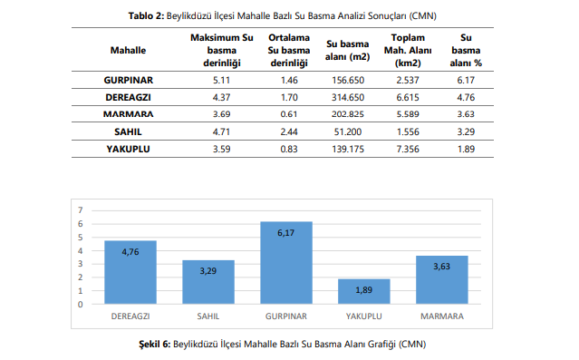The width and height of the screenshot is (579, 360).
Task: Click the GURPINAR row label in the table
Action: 128,80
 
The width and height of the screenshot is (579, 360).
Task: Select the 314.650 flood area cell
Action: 348,98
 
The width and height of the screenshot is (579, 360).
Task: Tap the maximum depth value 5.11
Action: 222,80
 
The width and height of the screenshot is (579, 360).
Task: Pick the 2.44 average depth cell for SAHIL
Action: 289,132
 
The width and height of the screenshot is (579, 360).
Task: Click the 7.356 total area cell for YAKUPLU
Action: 408,150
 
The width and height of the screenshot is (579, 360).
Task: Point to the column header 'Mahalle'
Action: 128,50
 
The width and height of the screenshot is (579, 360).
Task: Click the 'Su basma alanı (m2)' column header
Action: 347,50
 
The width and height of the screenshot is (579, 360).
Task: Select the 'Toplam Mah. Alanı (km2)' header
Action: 408,50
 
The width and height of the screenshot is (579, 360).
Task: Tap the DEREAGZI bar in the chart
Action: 130,272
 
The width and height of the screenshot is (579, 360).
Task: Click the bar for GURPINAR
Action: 286,263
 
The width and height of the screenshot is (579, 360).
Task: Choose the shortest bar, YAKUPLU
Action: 364,292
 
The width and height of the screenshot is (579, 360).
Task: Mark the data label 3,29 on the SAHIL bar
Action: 208,271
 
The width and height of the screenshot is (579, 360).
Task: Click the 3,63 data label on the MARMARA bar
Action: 441,267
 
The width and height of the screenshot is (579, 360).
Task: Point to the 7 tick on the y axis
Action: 81,210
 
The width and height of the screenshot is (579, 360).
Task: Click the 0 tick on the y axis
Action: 81,305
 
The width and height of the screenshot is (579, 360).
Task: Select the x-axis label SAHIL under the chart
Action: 208,316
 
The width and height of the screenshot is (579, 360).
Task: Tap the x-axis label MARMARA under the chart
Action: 442,316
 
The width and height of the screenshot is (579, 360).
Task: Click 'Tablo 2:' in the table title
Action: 146,16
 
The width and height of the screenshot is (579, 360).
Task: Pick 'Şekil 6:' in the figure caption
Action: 155,344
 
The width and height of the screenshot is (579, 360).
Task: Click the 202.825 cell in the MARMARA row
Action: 348,114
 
